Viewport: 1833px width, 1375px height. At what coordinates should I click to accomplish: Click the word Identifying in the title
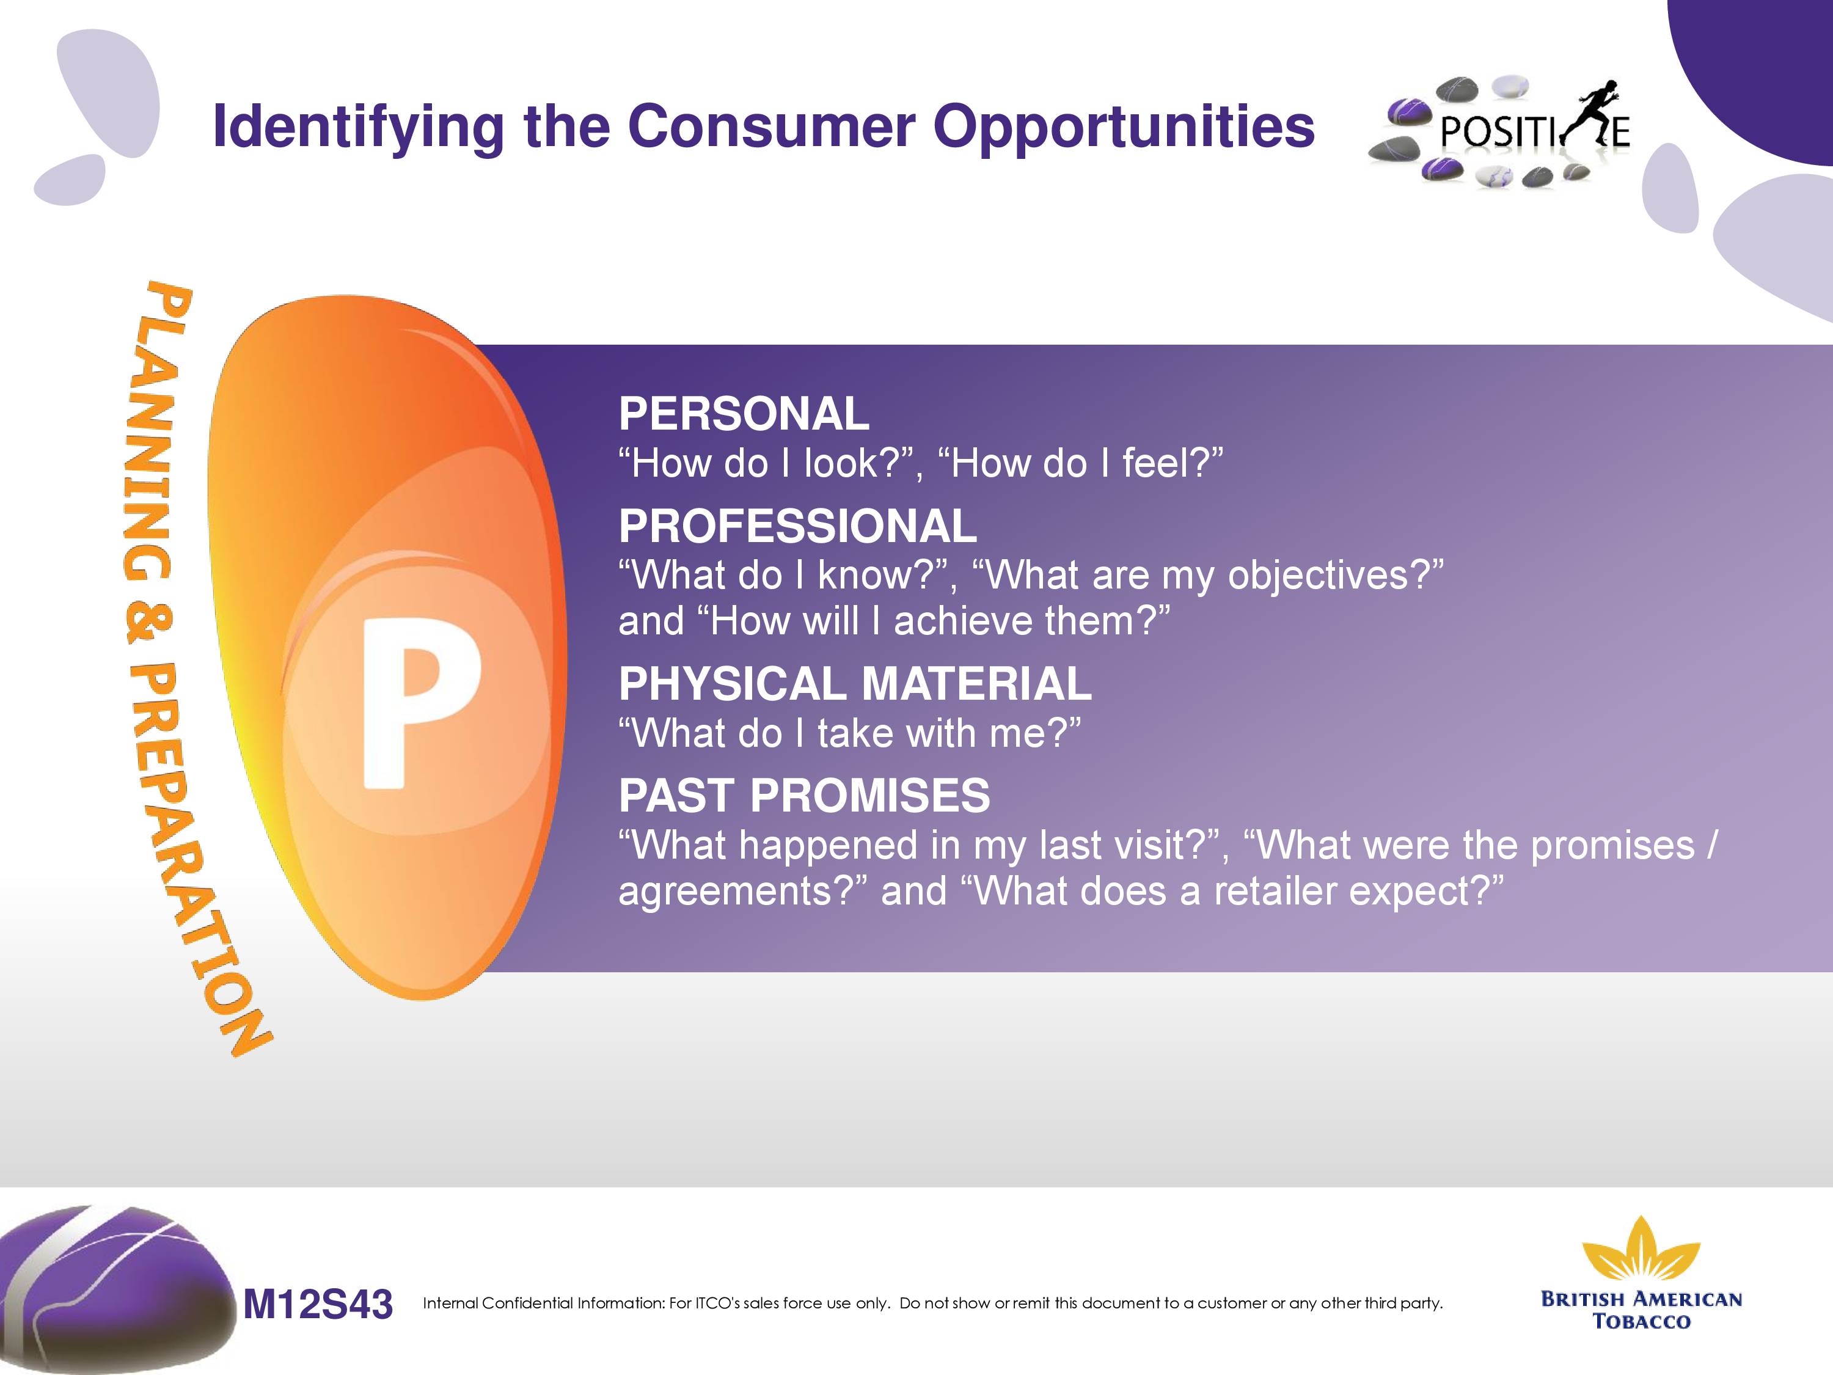[x=358, y=128]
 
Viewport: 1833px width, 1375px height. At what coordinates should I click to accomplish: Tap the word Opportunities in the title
[x=1124, y=128]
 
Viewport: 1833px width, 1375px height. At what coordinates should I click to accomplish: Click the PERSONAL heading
[x=744, y=414]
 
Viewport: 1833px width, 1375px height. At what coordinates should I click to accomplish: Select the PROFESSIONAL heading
[x=798, y=526]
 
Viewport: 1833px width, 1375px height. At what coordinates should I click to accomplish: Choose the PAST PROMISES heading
[x=804, y=796]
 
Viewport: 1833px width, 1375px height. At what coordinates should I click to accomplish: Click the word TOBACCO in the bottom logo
[x=1642, y=1321]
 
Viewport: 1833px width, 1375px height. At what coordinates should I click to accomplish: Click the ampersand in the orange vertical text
[x=149, y=621]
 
